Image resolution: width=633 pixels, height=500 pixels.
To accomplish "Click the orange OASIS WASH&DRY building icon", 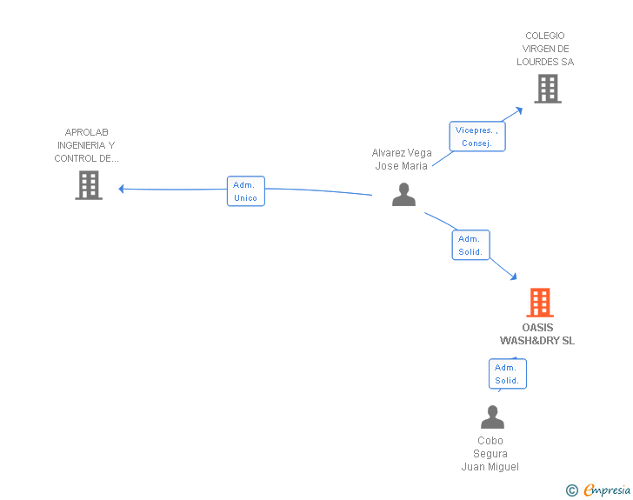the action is click(x=540, y=303).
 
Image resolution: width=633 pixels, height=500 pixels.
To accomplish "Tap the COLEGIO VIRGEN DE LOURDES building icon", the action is click(x=548, y=89).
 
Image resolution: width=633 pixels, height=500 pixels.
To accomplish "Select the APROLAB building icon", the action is click(x=89, y=185).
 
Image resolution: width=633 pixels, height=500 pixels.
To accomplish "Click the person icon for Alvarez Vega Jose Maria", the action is click(x=403, y=195).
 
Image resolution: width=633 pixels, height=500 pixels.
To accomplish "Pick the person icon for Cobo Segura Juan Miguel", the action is click(x=492, y=417).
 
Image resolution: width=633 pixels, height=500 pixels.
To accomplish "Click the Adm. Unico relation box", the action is click(x=246, y=191).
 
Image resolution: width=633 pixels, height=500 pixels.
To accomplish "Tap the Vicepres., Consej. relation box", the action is click(x=477, y=137).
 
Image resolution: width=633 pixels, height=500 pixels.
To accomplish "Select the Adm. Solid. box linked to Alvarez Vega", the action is click(x=470, y=244).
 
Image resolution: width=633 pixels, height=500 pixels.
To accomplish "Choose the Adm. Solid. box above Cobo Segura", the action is click(x=508, y=374).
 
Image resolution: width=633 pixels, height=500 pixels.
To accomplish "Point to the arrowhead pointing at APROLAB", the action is click(x=121, y=189).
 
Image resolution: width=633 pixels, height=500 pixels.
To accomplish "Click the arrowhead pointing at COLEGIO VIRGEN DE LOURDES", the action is click(x=519, y=110).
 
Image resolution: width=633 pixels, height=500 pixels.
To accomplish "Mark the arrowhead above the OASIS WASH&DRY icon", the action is click(x=514, y=277).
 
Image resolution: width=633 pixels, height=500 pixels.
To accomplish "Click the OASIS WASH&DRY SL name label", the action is click(x=537, y=334).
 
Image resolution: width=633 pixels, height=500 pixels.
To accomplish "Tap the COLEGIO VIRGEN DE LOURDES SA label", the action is click(x=545, y=49).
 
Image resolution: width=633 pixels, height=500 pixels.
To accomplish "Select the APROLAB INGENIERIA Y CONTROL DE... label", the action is click(x=86, y=145).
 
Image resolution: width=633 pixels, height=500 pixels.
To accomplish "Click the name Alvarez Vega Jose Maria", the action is click(x=402, y=159).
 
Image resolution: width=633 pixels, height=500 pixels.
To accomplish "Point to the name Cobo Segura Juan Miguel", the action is click(x=490, y=454).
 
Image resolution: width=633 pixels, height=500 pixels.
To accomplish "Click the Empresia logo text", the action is click(x=607, y=490).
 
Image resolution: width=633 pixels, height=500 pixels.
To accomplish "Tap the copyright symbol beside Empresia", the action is click(x=572, y=490).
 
